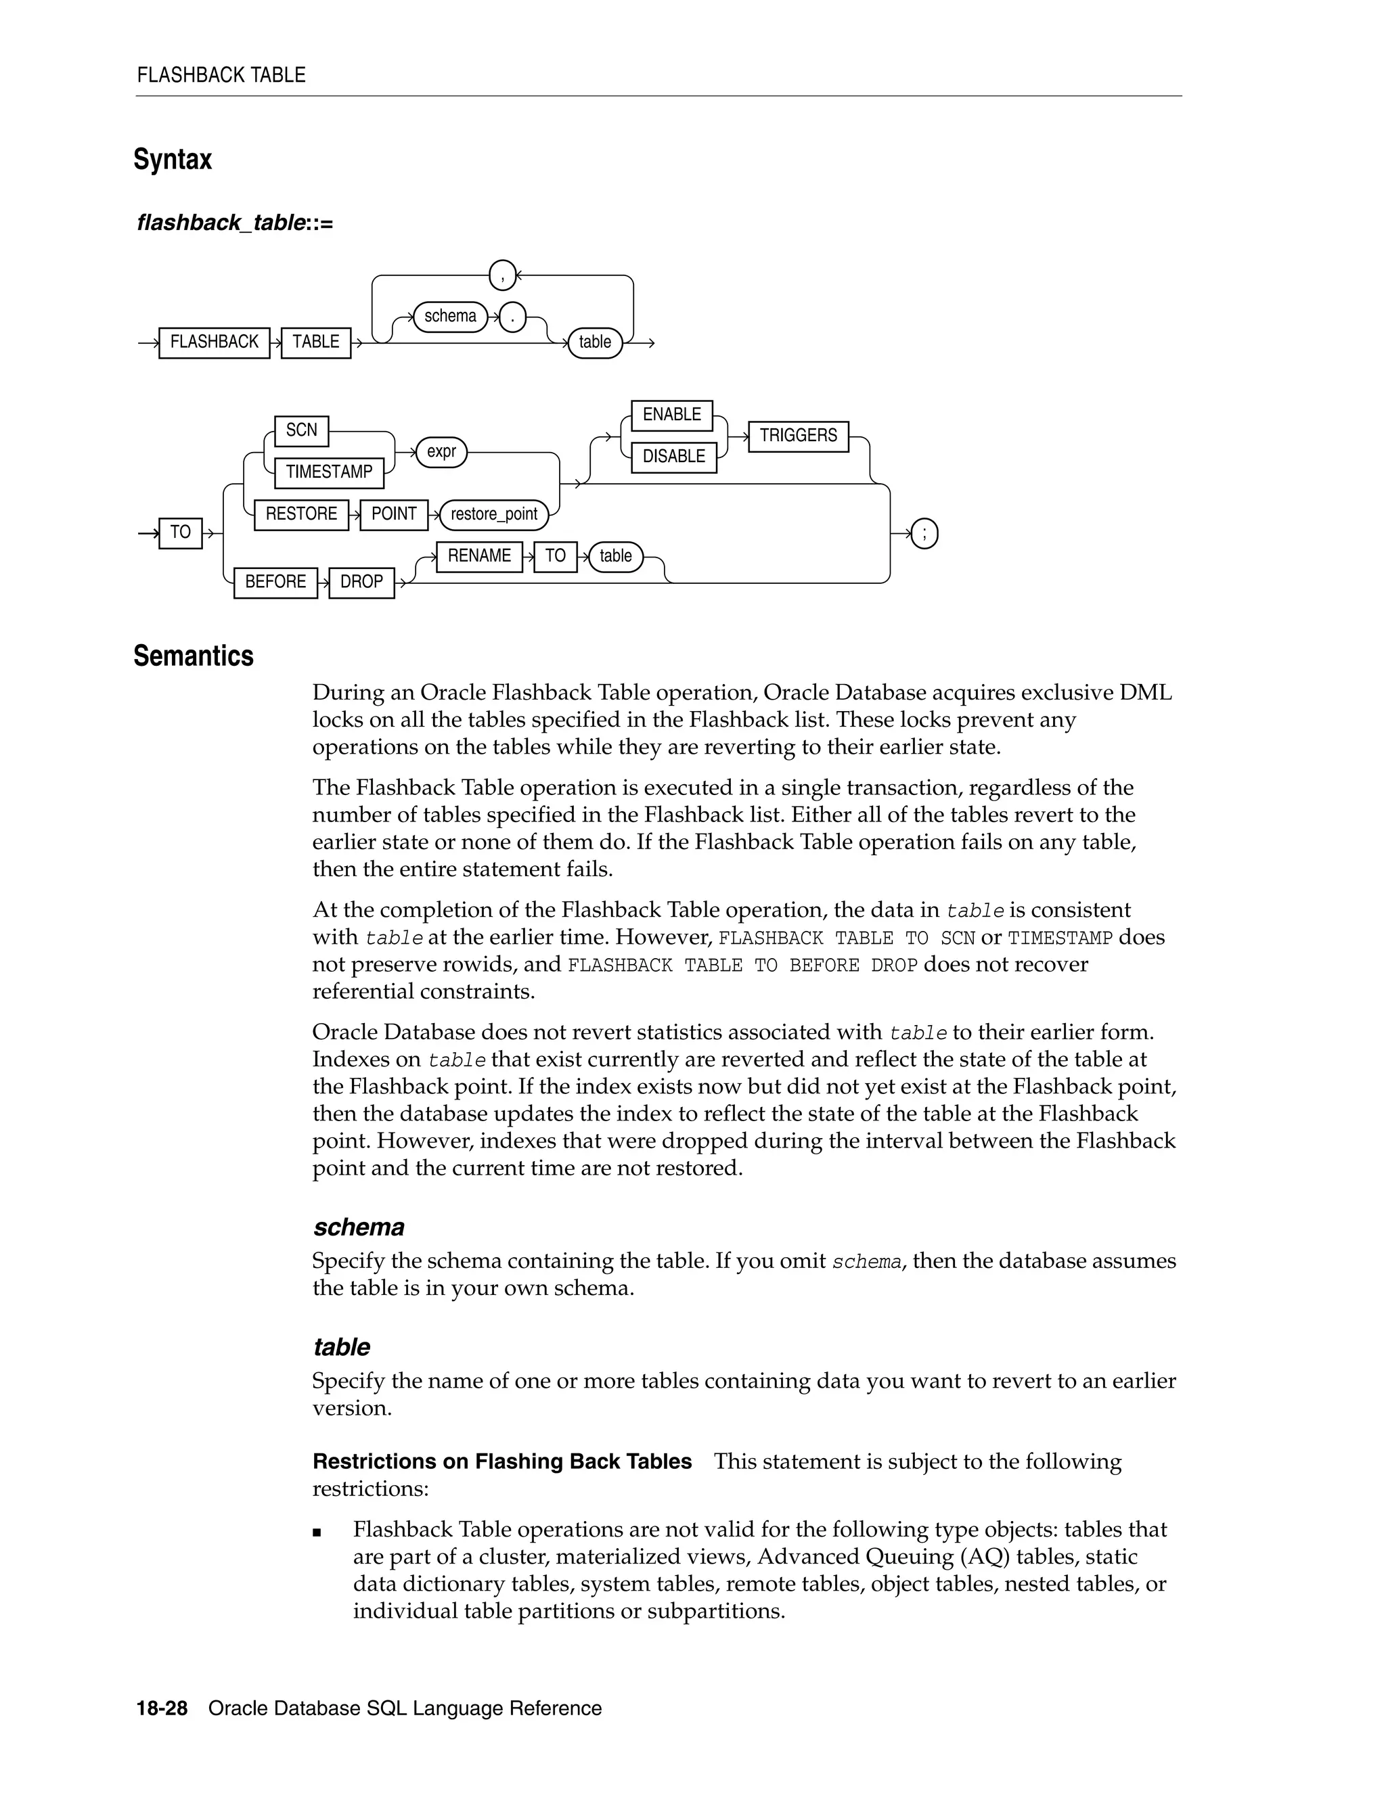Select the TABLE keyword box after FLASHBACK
[315, 342]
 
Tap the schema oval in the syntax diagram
[450, 316]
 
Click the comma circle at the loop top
[503, 275]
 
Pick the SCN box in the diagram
[301, 430]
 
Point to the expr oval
[441, 451]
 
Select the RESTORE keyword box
[300, 514]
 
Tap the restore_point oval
[493, 515]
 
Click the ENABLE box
[671, 415]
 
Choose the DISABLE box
[673, 457]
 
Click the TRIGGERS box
[798, 436]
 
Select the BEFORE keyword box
[275, 582]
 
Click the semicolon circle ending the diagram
[924, 535]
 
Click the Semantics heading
[194, 656]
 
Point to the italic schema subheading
[359, 1227]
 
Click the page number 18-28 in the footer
[162, 1708]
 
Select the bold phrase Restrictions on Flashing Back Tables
[501, 1461]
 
